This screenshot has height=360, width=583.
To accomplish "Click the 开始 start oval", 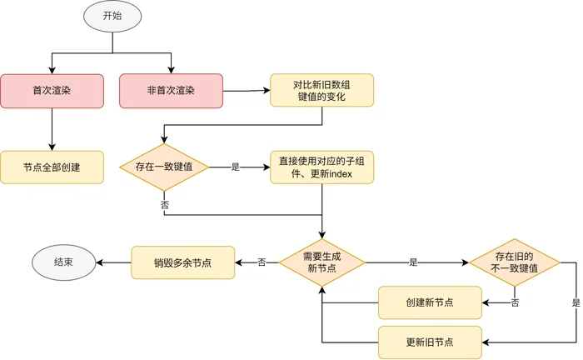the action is coord(112,16).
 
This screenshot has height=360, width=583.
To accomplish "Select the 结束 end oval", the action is coord(63,262).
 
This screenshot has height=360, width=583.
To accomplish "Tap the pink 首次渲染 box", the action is coord(52,91).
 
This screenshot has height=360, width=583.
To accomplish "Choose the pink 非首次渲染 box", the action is coord(171,91).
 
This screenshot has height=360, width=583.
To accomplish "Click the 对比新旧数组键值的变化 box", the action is coord(322,90).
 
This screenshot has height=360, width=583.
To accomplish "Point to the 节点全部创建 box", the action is coord(52,167).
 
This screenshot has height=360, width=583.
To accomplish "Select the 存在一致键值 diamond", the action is coord(164,167).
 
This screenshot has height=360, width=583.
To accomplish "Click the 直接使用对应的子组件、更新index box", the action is coord(322,167).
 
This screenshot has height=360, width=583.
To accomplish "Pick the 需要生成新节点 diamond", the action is coord(322,262).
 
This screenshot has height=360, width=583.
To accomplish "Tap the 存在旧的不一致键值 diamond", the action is coord(515,262).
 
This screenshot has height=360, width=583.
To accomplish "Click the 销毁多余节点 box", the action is coord(183,262).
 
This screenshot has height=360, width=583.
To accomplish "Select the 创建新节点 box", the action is coord(431,302).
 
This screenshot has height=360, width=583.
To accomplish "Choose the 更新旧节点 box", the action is coord(431,342).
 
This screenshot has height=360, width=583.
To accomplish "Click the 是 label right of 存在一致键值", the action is coord(236,167).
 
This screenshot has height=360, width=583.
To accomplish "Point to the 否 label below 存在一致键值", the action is coord(164,205).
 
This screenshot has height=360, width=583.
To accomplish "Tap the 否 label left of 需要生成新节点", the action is coord(262,262).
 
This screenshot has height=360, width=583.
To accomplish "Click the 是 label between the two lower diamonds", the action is coord(413,262).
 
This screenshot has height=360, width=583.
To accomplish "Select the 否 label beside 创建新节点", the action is coord(515,303).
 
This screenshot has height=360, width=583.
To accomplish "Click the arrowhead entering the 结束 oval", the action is coord(99,262).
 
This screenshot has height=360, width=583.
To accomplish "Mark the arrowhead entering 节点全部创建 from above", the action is coord(52,147).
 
